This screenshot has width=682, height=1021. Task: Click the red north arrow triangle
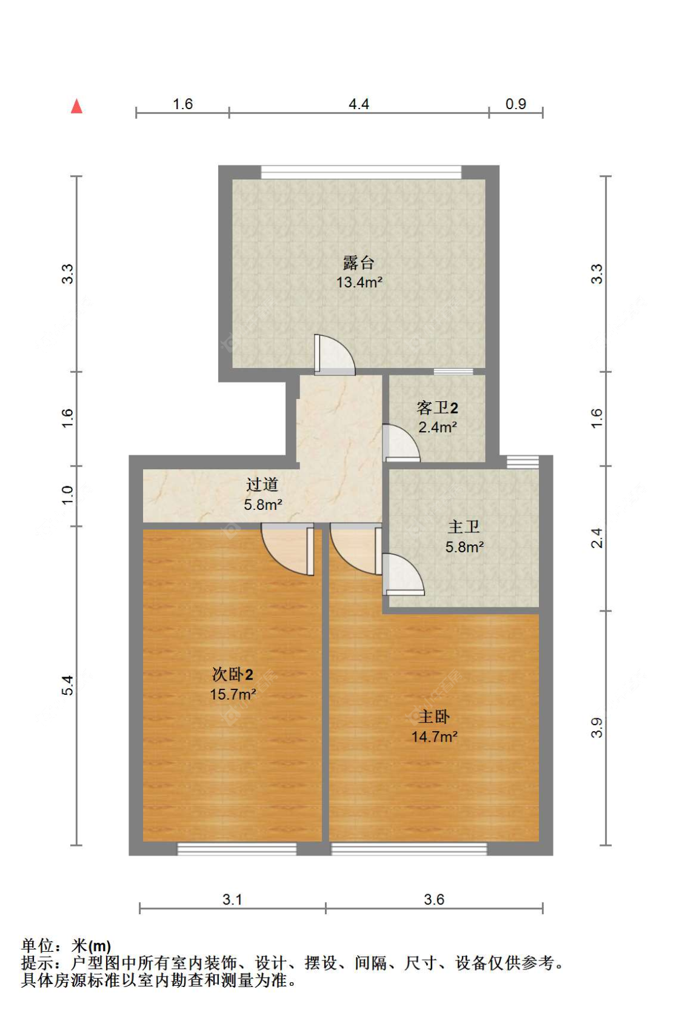click(76, 107)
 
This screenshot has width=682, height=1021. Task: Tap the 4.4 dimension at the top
click(358, 104)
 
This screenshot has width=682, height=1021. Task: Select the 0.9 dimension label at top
click(515, 104)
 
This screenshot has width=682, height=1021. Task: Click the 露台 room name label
click(359, 263)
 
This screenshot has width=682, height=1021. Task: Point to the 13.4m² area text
click(359, 282)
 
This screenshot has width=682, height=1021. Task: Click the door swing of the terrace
click(334, 354)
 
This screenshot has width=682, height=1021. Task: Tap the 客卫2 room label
click(437, 407)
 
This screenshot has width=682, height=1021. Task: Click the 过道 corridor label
click(262, 484)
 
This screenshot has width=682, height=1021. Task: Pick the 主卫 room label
click(464, 527)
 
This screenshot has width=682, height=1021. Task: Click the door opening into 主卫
click(403, 575)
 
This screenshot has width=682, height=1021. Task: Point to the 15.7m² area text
click(233, 694)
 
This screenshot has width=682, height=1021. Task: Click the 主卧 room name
click(434, 717)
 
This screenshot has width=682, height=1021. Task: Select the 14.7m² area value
click(434, 737)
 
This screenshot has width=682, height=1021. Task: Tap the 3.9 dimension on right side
click(597, 727)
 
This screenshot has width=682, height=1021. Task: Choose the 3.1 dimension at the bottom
click(232, 899)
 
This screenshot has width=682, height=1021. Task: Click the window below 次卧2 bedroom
click(236, 849)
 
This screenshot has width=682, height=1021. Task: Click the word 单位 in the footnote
click(38, 945)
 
